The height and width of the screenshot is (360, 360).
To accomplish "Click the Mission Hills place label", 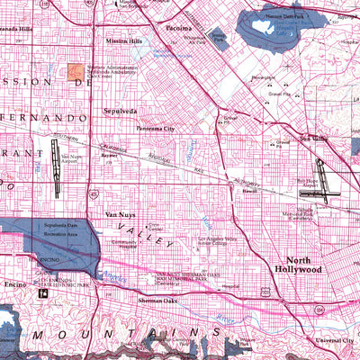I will pos(123,41).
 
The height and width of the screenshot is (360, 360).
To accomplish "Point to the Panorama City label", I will pos(153,129).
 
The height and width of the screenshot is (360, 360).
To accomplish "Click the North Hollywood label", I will pos(297,264).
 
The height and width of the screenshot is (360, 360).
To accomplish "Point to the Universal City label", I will pos(335,341).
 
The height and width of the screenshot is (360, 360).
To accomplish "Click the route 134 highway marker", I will pos(321,310).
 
